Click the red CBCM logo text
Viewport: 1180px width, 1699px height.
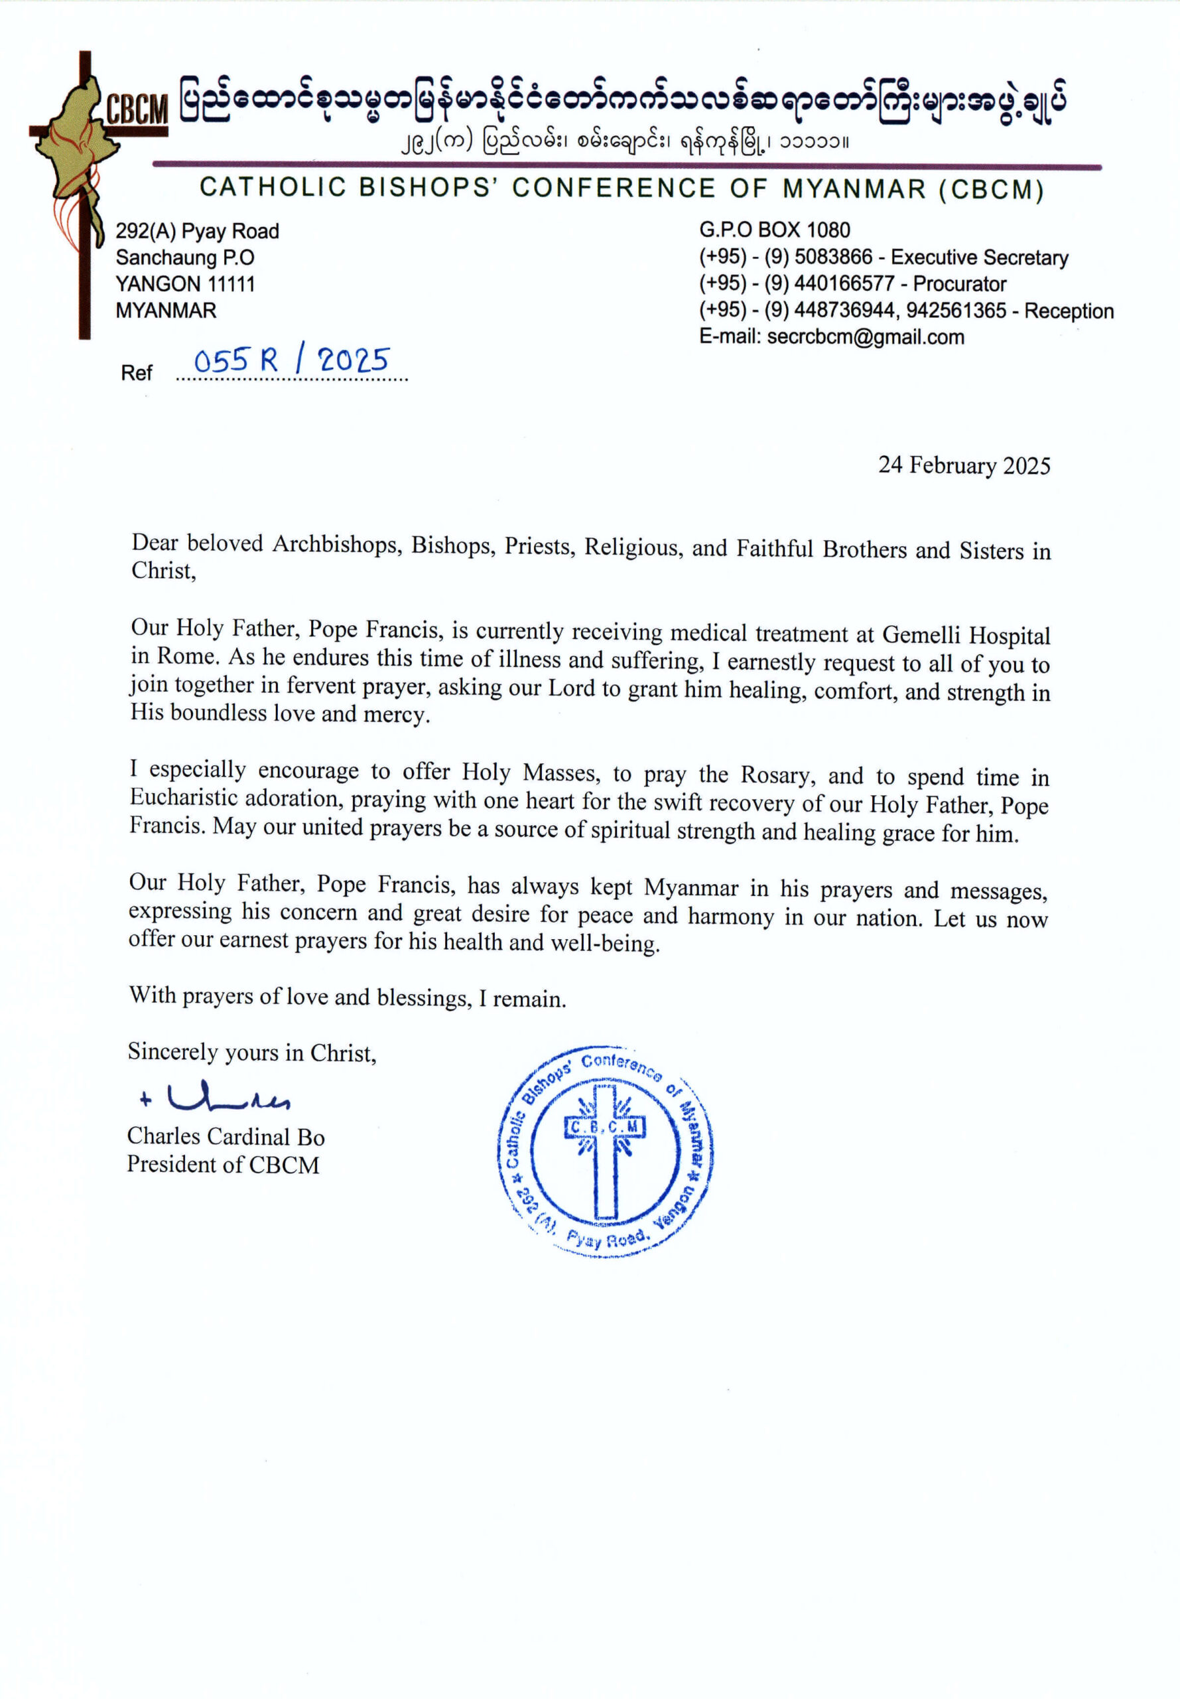[x=137, y=111]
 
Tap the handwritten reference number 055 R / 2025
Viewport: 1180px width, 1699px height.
[x=291, y=361]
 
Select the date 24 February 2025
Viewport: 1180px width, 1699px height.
[x=964, y=465]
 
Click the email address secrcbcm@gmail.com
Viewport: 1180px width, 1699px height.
[x=865, y=337]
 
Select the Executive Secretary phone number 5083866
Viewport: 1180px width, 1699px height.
[x=833, y=258]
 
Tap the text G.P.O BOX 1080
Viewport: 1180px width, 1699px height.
[x=774, y=230]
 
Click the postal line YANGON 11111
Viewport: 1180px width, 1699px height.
[x=185, y=284]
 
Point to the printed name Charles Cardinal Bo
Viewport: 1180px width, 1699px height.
[x=226, y=1136]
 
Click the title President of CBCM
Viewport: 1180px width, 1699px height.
[x=223, y=1164]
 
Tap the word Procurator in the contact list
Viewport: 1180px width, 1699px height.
[x=959, y=284]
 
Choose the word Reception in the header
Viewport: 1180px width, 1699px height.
[x=1069, y=311]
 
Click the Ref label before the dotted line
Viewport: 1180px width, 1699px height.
[x=137, y=373]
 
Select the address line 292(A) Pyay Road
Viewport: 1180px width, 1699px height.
[x=196, y=232]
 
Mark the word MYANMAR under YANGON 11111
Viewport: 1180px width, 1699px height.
[x=166, y=311]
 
